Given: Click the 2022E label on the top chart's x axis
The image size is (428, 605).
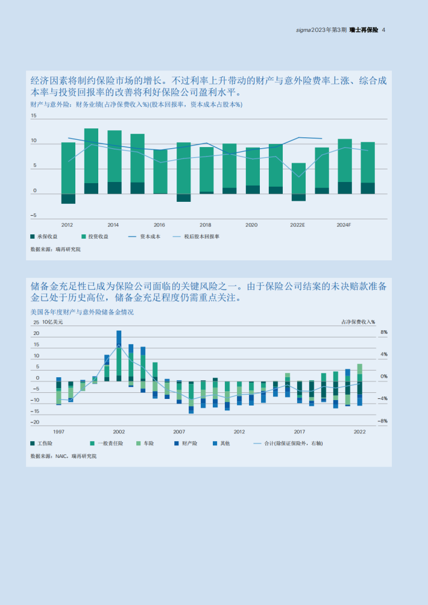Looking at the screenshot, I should (x=297, y=225).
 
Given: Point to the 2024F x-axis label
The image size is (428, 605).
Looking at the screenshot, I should (x=344, y=225).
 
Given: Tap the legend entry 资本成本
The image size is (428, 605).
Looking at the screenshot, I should (x=149, y=237).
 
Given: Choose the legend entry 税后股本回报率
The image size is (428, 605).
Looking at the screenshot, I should (x=200, y=237).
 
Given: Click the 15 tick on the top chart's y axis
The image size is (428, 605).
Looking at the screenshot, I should (x=34, y=116).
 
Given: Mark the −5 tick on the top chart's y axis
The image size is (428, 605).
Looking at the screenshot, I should (x=34, y=215).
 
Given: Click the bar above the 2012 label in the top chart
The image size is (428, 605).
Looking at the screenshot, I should (x=68, y=172).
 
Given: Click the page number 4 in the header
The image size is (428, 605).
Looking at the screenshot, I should (x=384, y=30).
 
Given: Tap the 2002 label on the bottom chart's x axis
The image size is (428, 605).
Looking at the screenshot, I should (x=119, y=431).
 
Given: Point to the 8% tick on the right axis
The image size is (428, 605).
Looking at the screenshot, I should (x=383, y=333).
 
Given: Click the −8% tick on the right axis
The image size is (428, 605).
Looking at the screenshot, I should (x=383, y=421).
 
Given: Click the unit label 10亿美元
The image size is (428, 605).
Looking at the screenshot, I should (x=52, y=322).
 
